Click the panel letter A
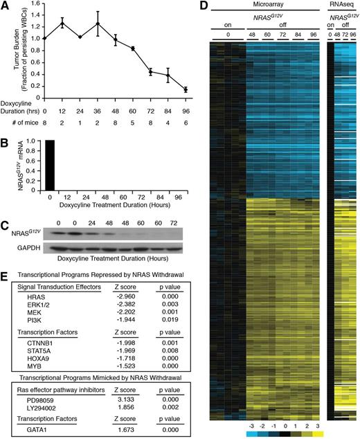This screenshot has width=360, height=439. [5, 6]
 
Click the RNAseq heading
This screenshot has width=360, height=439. [339, 6]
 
